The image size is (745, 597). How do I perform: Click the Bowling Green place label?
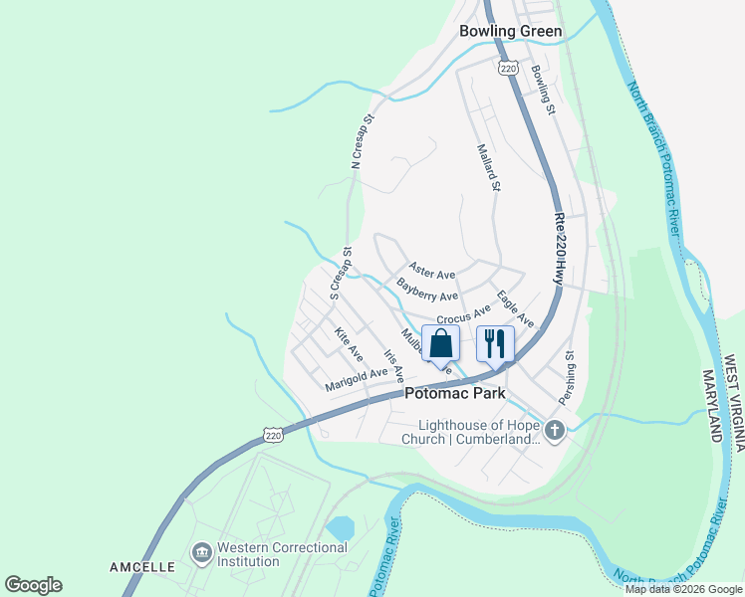[x=510, y=31]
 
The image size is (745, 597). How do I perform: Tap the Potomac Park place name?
[x=455, y=393]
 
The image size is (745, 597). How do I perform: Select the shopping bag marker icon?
[x=441, y=343]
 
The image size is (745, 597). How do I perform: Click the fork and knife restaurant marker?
[x=495, y=343]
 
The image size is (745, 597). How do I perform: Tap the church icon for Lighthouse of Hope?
[x=555, y=430]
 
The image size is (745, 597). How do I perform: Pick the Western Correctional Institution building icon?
[x=202, y=551]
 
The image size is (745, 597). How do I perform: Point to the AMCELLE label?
[x=142, y=567]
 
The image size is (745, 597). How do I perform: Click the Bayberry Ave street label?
[x=427, y=290]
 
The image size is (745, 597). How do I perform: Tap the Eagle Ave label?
[x=515, y=308]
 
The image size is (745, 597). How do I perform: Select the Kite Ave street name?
[x=348, y=343]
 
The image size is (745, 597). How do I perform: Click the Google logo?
[x=32, y=585]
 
